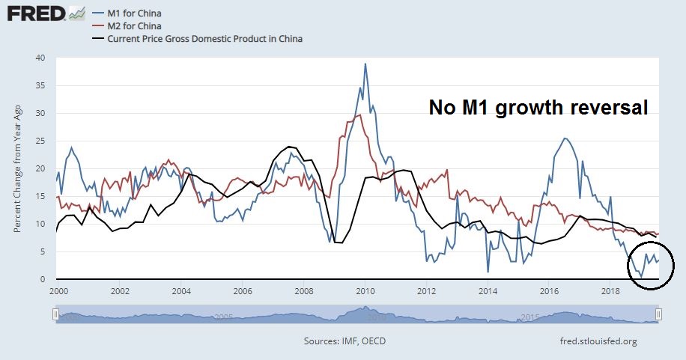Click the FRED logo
[34, 13]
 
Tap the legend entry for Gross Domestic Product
[204, 38]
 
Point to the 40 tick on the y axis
[46, 58]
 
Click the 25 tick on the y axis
[46, 141]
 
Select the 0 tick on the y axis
[48, 279]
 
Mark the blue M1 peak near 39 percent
[365, 64]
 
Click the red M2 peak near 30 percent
[360, 115]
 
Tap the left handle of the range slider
[55, 315]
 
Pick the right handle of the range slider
[658, 315]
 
